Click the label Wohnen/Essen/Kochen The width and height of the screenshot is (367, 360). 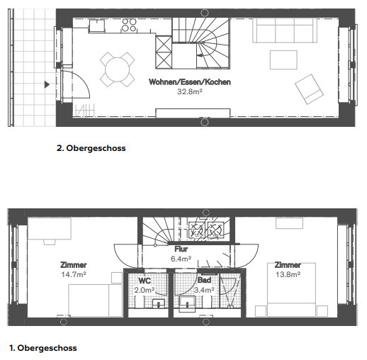[190, 82]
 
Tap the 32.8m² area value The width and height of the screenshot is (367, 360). [190, 91]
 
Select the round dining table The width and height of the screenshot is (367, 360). [118, 69]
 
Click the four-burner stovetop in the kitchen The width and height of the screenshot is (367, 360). [129, 25]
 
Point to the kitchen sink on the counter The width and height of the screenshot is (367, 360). [97, 26]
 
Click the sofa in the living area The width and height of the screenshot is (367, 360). [285, 30]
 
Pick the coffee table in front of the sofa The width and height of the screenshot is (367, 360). [283, 60]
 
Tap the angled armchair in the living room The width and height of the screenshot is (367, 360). [309, 89]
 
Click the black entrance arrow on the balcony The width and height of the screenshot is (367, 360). [47, 84]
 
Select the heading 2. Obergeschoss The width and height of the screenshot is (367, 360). [91, 148]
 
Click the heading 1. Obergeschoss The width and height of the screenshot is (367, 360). [43, 348]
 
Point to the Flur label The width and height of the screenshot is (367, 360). [181, 249]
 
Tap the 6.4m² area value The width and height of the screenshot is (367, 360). [181, 259]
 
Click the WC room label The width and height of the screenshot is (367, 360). [145, 281]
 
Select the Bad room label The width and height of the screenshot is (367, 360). [204, 280]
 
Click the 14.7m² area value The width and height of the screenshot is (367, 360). [74, 274]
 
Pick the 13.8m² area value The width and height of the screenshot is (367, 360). [288, 274]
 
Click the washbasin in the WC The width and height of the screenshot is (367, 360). [159, 303]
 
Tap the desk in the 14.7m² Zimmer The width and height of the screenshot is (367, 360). [50, 228]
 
